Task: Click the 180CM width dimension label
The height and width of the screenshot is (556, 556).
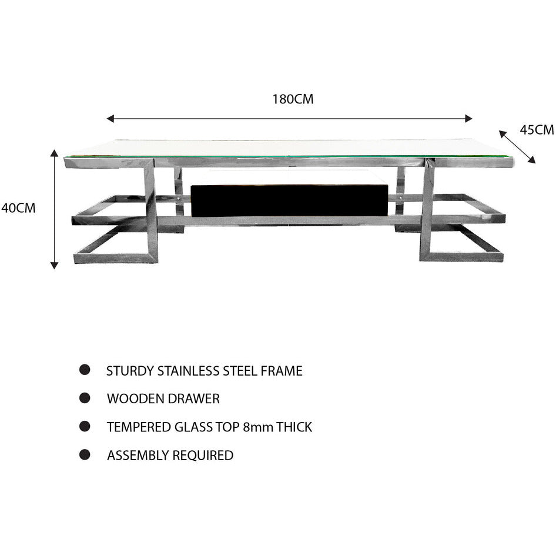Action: tap(293, 99)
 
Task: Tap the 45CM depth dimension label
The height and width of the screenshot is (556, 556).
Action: tap(537, 130)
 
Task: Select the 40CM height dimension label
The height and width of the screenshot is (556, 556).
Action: tap(18, 208)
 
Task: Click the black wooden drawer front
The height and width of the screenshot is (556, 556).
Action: tap(289, 200)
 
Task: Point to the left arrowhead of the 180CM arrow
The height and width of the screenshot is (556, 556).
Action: tap(110, 119)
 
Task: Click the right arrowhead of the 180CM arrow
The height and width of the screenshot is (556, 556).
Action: tap(468, 119)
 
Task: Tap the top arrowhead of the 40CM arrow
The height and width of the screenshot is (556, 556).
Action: tap(54, 153)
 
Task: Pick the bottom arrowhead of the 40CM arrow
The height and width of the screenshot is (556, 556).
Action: tap(54, 265)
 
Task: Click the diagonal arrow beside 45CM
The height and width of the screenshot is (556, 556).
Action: tap(517, 147)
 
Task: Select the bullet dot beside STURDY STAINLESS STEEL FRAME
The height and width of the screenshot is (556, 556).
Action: tap(85, 370)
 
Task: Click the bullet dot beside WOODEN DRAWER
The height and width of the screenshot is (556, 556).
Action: tap(85, 398)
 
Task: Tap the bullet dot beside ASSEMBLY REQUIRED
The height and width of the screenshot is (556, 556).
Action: tap(85, 454)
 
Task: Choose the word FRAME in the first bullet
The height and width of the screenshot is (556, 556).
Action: tap(282, 371)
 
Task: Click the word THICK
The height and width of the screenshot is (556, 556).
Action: tap(294, 427)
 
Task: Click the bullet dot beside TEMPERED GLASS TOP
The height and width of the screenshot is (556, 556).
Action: tap(85, 426)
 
